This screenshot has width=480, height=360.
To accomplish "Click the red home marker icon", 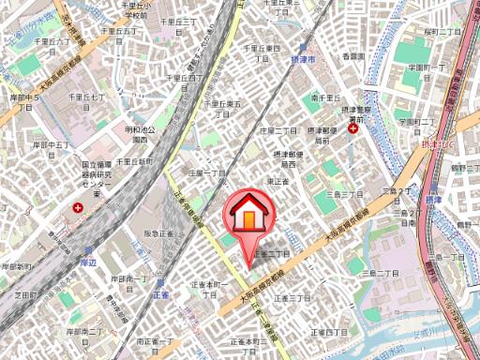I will pyautogui.click(x=248, y=215).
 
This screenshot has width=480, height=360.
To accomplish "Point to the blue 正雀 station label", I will pyautogui.click(x=157, y=293).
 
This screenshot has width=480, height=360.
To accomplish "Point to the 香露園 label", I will pyautogui.click(x=352, y=57).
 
